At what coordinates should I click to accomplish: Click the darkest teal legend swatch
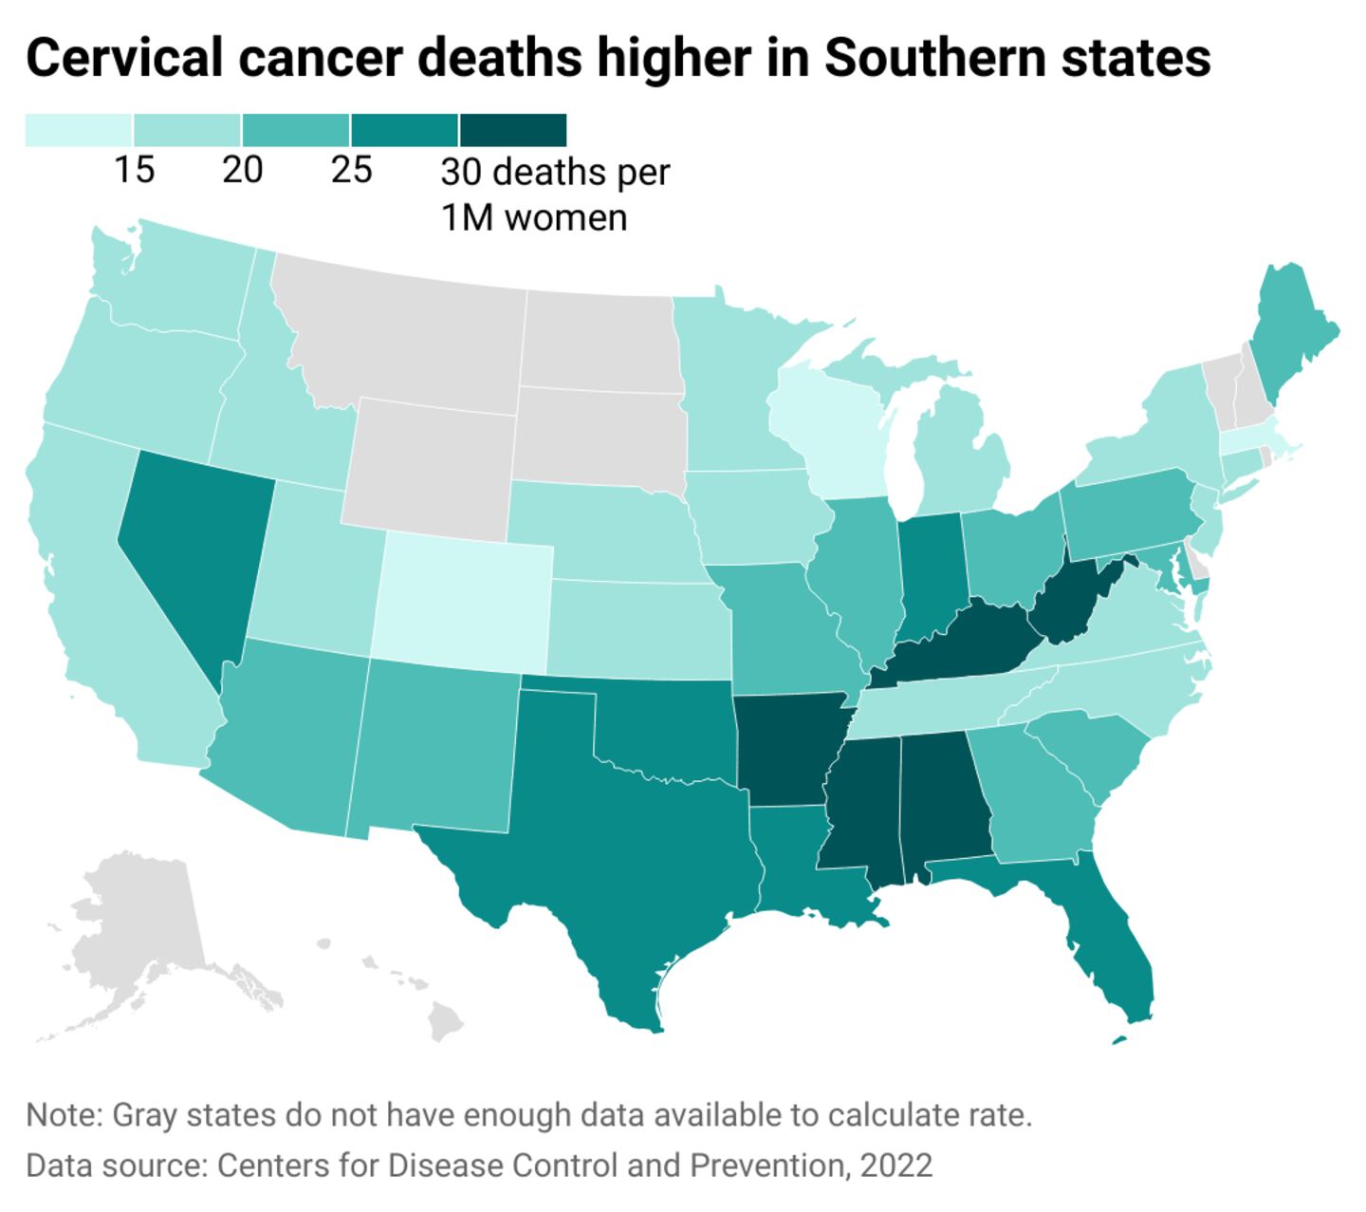(513, 129)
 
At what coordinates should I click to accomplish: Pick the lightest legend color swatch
(79, 129)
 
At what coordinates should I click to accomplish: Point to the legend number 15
(134, 171)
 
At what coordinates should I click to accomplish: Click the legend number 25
(351, 171)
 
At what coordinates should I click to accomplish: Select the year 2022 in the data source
(896, 1165)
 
